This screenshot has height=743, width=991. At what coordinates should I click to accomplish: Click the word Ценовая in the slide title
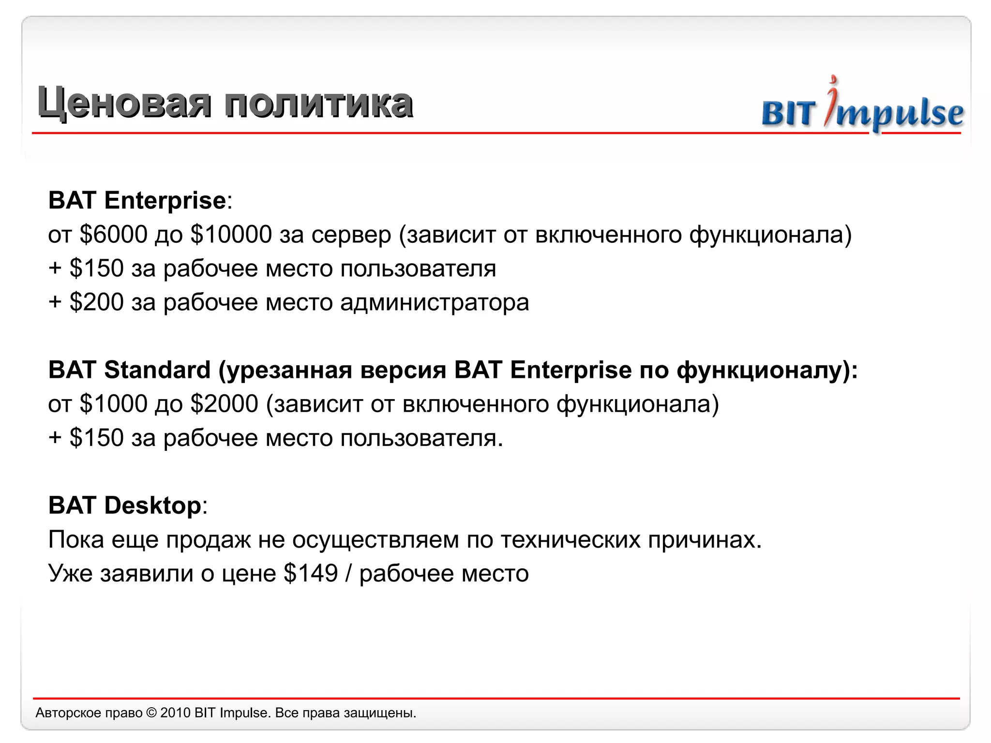point(124,103)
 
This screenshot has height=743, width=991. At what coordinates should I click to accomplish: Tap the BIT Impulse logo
point(862,109)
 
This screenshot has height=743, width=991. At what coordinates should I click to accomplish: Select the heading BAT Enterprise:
point(140,200)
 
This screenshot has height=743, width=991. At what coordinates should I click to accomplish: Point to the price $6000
point(113,235)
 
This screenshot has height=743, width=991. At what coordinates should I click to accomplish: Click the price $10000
point(231,235)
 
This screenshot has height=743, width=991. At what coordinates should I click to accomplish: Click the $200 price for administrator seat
point(97,302)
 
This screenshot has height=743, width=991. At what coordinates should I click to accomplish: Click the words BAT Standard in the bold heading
point(129,370)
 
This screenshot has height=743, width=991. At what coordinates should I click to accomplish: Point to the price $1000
point(113,404)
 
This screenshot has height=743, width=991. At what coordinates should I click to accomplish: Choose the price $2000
point(225,404)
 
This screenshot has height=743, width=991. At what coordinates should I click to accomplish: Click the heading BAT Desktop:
point(128,505)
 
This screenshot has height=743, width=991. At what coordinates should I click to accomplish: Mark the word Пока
point(76,539)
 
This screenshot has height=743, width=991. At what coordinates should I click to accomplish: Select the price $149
point(311,573)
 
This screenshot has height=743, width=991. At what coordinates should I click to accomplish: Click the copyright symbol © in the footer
point(151,713)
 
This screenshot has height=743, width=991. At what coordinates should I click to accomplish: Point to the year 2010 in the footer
point(175,713)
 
